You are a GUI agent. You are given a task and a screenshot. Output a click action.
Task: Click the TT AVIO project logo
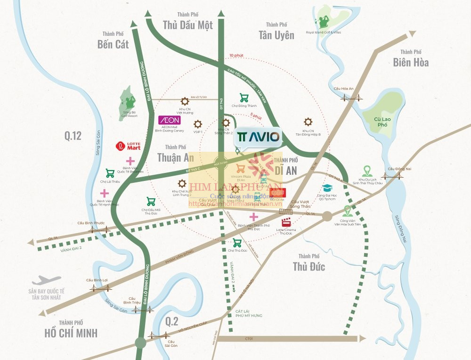coord(258,138)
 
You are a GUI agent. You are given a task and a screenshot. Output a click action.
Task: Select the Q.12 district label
coord(73,136)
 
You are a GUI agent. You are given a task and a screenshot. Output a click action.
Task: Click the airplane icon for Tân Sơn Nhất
coord(47,281)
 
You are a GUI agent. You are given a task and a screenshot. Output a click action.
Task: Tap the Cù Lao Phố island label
coord(381,123)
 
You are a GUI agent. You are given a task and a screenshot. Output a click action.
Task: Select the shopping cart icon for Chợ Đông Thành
coord(244,98)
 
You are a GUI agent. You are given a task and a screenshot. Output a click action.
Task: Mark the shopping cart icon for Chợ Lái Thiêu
coord(110,173)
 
